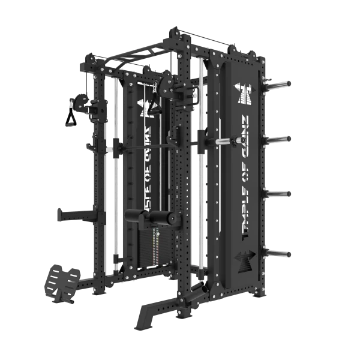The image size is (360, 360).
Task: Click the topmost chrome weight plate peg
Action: pyautogui.click(x=279, y=83)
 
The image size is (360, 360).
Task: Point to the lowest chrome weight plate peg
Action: pyautogui.click(x=279, y=254)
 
